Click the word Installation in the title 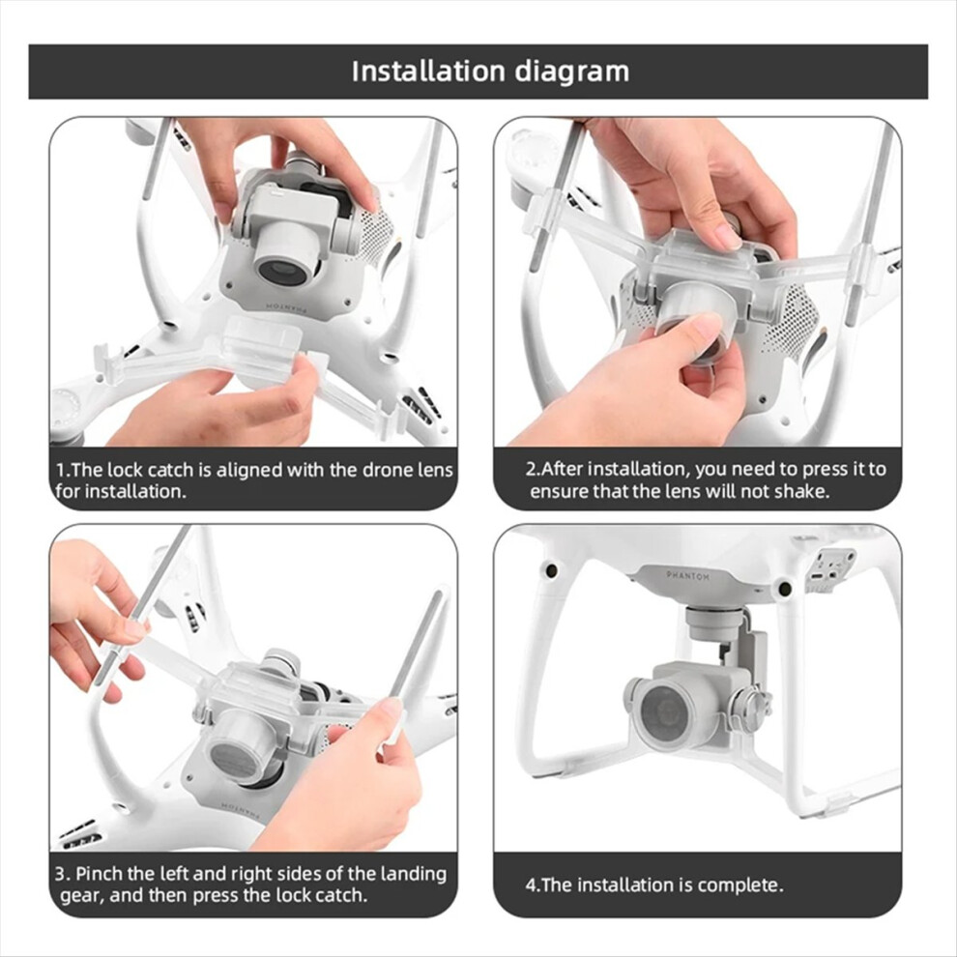(428, 72)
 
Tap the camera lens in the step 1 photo (282, 270)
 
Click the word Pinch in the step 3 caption (105, 874)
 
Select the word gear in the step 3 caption (79, 895)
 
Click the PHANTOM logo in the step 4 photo (687, 577)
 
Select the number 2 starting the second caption (531, 470)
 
